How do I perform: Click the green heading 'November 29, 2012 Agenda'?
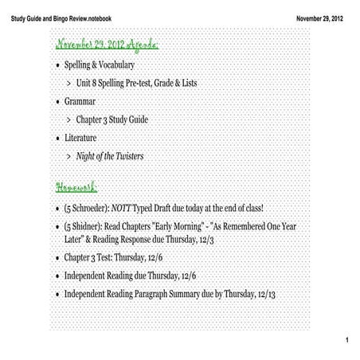coord(107,43)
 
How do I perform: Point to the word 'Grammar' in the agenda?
coord(80,101)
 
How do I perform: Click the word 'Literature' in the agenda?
coord(83,138)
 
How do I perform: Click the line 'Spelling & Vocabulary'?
coord(100,64)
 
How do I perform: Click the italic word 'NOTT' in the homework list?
coord(120,206)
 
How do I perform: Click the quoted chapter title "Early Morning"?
coord(202,226)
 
